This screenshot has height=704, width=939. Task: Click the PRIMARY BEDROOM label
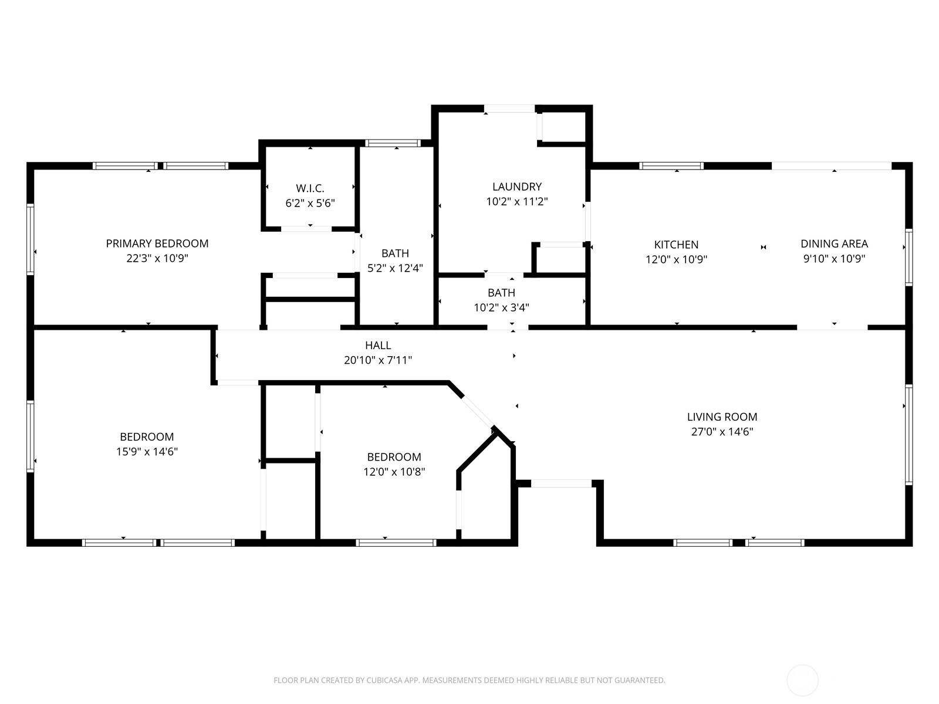point(157,243)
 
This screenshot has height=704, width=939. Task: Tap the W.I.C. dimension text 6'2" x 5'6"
point(310,204)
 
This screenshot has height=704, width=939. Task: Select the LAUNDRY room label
point(516,187)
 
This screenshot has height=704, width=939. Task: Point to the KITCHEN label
point(676,245)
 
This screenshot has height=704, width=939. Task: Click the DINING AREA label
point(834,243)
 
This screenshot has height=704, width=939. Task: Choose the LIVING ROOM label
point(722,417)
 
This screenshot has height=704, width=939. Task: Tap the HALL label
point(378,346)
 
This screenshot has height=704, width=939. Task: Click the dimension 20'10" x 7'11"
point(378,360)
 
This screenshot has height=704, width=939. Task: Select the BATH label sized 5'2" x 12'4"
point(395,253)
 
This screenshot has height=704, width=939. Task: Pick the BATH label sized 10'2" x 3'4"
point(501,293)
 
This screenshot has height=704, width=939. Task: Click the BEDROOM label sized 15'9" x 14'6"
point(147,437)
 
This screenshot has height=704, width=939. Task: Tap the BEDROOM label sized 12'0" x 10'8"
point(394,457)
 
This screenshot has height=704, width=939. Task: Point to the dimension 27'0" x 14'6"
point(722,432)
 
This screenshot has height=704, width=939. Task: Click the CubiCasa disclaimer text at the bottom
point(469,681)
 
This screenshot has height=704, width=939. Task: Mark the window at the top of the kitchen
point(671,166)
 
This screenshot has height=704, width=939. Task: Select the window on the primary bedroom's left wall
point(31,239)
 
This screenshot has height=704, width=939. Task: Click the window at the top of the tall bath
point(393,143)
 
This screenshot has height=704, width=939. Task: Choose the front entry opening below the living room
point(561,484)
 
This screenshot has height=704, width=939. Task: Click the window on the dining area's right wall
point(908,257)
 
